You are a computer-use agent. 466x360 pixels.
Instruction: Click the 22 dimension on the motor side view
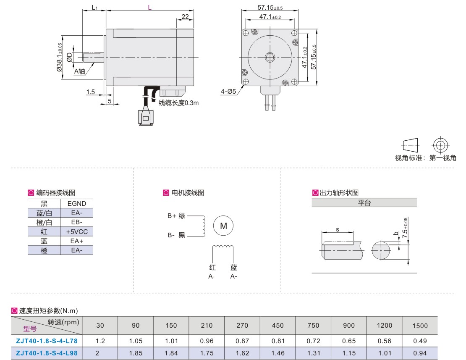[185, 17]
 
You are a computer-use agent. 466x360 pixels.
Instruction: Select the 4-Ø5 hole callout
[229, 91]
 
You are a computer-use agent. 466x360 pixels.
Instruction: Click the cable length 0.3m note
[178, 102]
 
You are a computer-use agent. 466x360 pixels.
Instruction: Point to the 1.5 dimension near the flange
[91, 92]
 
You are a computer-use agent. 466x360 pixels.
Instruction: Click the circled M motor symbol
[224, 226]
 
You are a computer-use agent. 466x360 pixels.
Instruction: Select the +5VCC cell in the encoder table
[76, 231]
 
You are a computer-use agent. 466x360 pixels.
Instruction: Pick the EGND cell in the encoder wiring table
[76, 204]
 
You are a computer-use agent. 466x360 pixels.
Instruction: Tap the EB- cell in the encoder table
[76, 222]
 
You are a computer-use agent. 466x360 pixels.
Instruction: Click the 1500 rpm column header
[420, 326]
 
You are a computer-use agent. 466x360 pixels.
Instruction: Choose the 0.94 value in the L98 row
[420, 353]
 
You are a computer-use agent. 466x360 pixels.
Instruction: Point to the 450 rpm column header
[278, 326]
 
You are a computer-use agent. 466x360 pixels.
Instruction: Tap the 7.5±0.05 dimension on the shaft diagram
[405, 229]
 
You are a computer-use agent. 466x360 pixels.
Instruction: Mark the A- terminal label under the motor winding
[234, 276]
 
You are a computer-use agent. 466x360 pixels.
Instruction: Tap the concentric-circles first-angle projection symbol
[440, 145]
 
